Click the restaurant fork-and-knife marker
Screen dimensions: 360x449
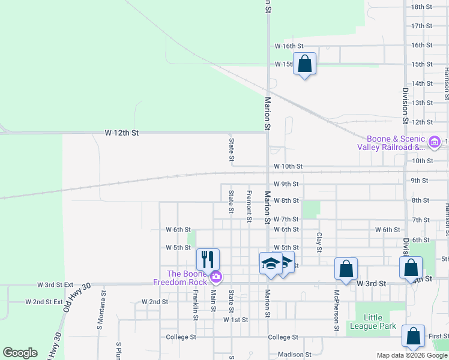pos(208,259)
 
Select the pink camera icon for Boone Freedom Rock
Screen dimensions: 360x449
pos(215,277)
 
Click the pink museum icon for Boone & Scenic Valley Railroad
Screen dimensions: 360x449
pos(435,142)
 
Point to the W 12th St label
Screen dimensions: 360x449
pos(121,132)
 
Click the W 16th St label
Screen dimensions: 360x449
pos(289,46)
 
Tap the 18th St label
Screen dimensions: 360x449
pos(422,7)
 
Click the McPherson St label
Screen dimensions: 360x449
pos(336,311)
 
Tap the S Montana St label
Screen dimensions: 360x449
pos(100,311)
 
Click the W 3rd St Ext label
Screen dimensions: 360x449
pos(55,285)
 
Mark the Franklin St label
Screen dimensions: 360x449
pos(196,304)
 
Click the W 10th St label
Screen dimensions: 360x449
pos(288,166)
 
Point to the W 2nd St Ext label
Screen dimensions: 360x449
pos(45,301)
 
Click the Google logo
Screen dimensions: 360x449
pos(20,353)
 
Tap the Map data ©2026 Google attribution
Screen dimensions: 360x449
pos(412,355)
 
